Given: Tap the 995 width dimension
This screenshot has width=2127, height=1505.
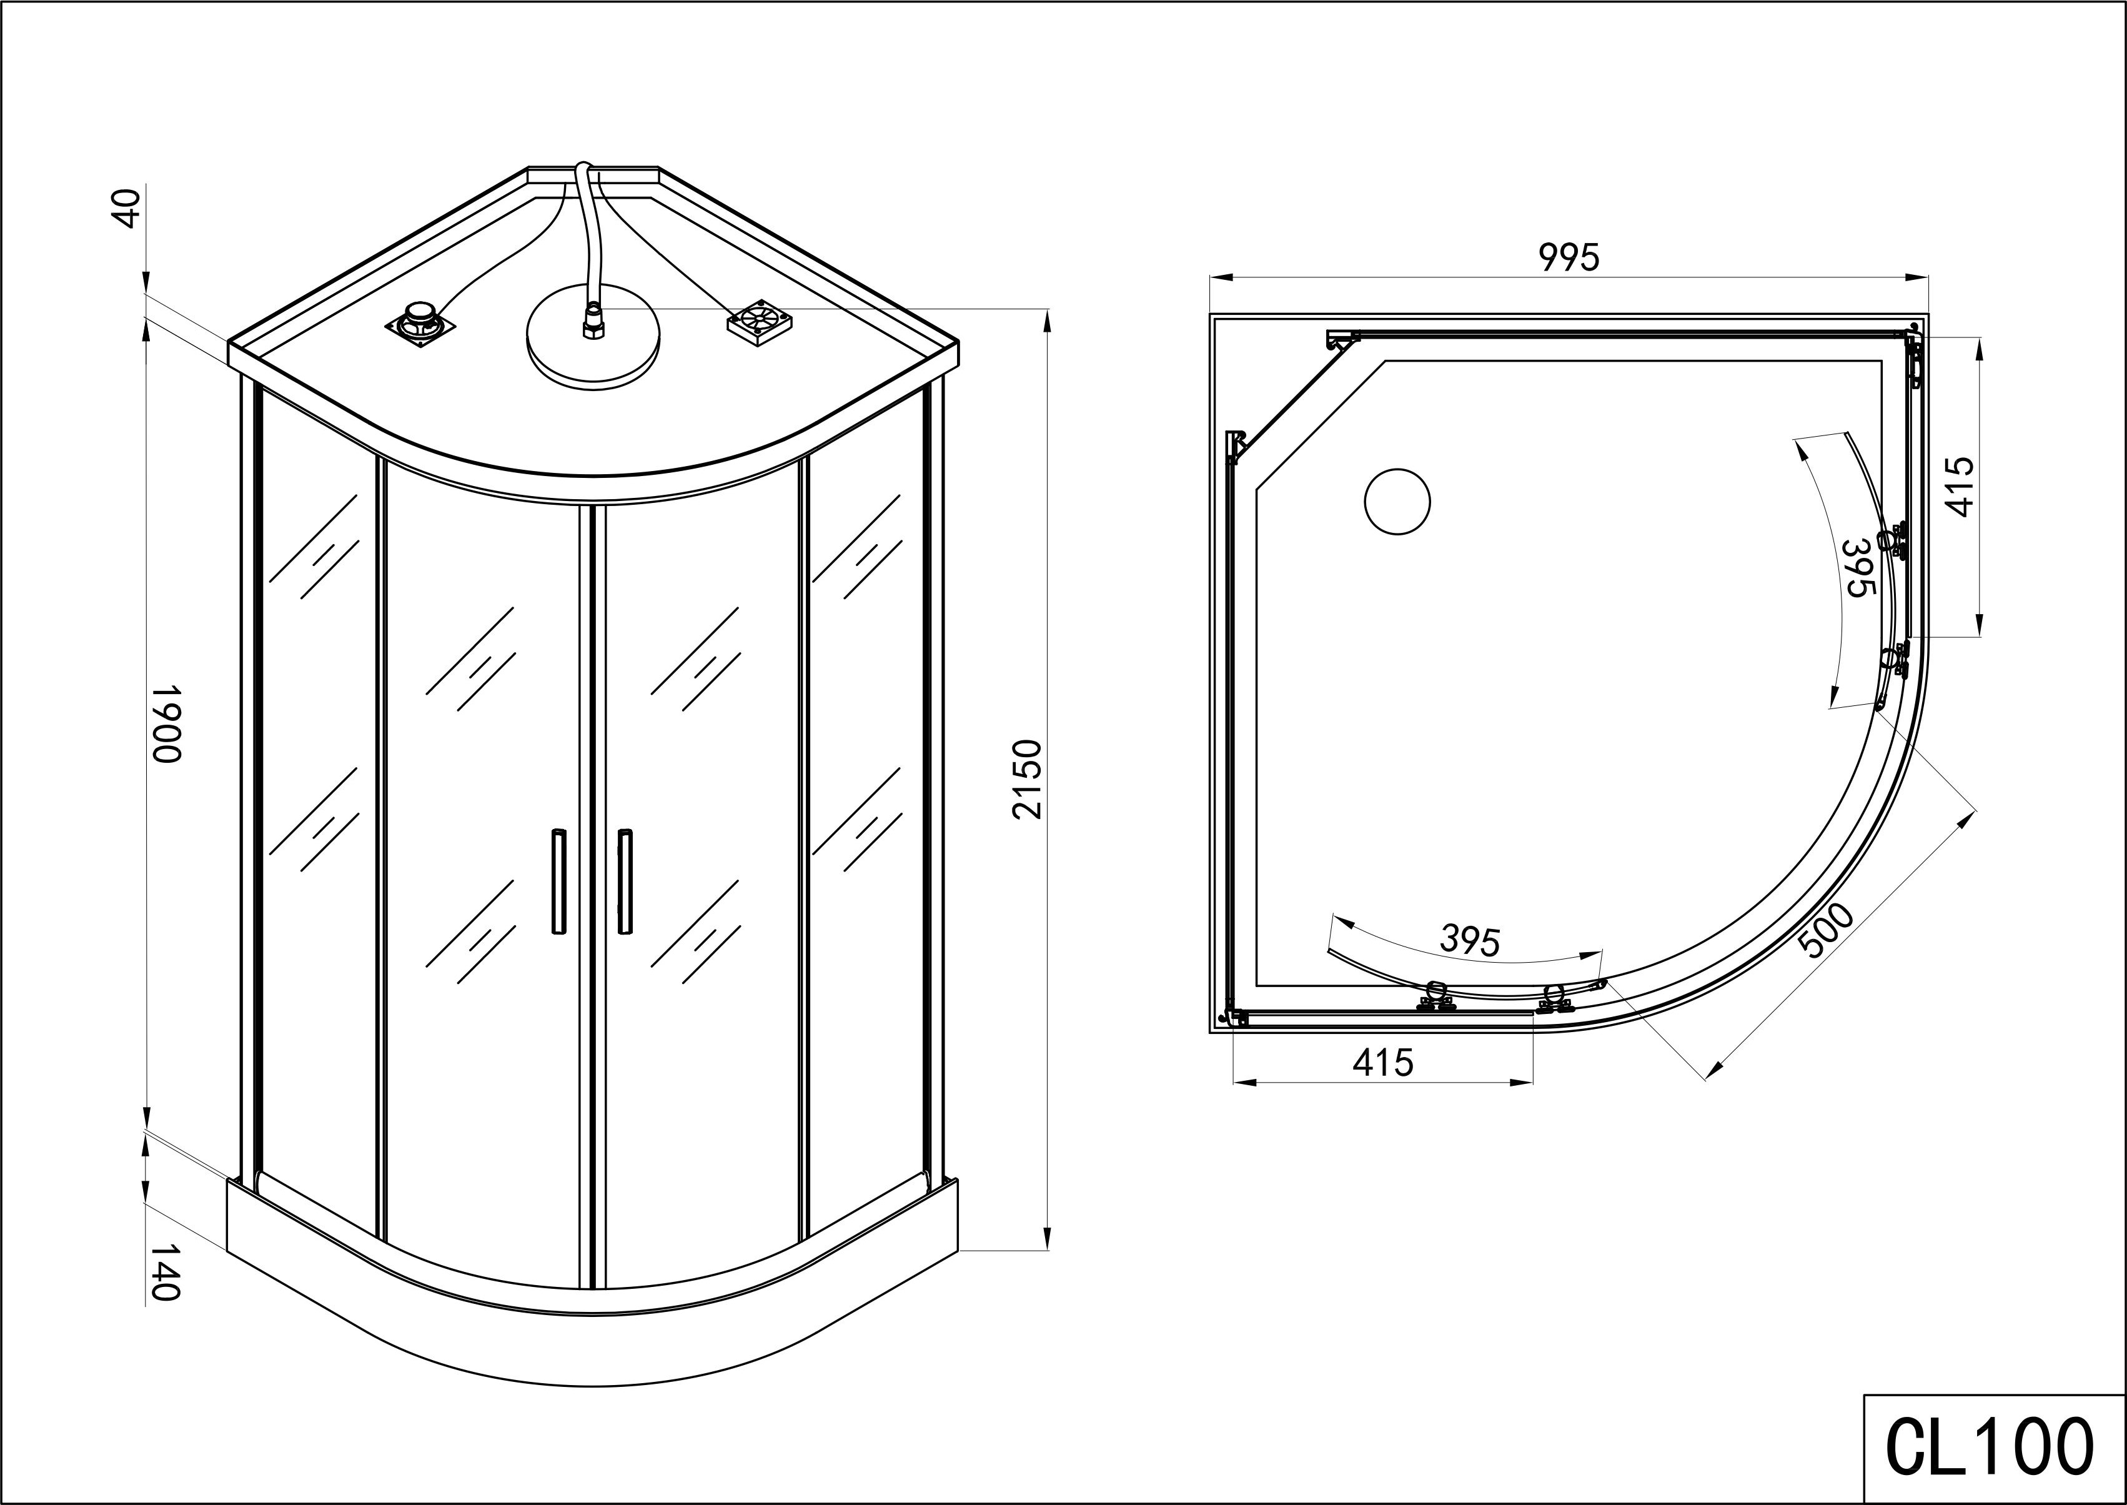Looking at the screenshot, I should pos(1569,257).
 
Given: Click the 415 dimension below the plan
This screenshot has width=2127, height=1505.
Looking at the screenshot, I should pos(1382,1063).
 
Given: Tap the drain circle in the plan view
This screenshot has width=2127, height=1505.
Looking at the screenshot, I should pos(1397,502).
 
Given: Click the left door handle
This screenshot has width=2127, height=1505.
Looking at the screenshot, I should pos(558,880).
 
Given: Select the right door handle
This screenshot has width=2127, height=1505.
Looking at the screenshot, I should pos(625,880).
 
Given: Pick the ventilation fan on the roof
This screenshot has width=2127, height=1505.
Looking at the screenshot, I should pos(760,320).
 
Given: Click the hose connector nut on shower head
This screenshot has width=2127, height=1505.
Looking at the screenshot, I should pos(591,324).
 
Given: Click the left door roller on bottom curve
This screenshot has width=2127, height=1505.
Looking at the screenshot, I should pos(1435,997).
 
